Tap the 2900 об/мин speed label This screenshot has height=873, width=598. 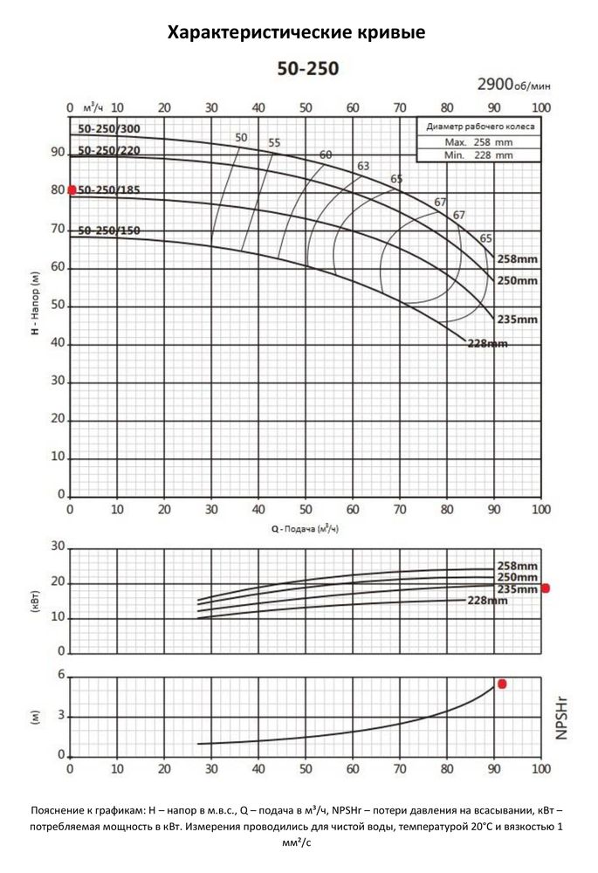514,85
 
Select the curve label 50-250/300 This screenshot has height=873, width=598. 109,127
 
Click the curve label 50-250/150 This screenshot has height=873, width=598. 109,230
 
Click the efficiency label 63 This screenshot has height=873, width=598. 364,166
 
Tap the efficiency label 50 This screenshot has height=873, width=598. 242,138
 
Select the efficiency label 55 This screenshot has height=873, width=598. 274,142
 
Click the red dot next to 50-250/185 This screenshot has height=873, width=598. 71,190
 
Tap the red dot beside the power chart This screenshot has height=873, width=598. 546,588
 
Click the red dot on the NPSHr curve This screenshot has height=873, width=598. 502,684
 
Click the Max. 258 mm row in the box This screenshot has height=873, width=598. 478,141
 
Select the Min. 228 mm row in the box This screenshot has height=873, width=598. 478,155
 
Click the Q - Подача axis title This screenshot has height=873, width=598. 305,529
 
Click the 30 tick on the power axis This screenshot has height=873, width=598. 58,546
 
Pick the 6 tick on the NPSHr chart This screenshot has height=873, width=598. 61,676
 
